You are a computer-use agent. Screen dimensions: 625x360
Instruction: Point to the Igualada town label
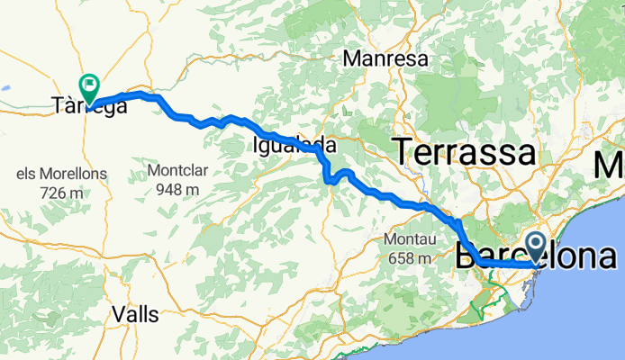pyautogui.click(x=295, y=145)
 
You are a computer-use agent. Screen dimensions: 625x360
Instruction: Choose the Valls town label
pyautogui.click(x=136, y=314)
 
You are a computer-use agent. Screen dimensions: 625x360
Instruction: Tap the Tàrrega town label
pyautogui.click(x=88, y=109)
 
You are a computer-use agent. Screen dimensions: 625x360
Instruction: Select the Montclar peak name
pyautogui.click(x=177, y=170)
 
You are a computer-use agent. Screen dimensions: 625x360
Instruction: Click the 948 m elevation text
pyautogui.click(x=177, y=190)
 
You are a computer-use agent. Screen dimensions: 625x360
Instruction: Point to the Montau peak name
pyautogui.click(x=411, y=239)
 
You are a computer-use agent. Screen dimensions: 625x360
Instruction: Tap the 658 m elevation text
pyautogui.click(x=410, y=258)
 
